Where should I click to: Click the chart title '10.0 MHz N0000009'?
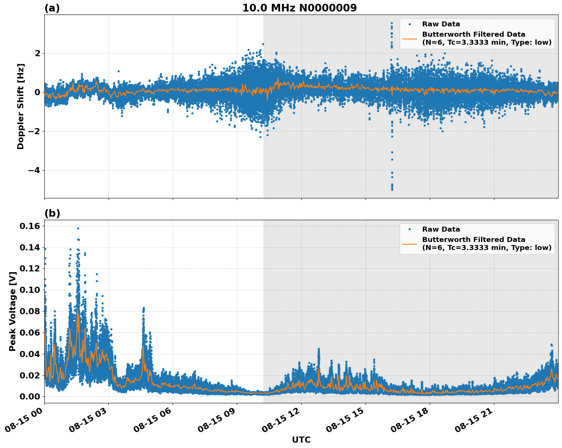(299, 8)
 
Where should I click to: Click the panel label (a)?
(52, 8)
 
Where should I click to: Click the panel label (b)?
(52, 213)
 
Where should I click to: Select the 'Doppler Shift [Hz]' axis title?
(21, 106)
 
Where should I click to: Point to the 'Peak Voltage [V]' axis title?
(13, 311)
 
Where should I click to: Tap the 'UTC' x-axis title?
(301, 440)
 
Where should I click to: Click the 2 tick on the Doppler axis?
(37, 53)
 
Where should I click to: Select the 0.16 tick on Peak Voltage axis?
(29, 226)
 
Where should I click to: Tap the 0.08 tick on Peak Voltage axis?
(29, 311)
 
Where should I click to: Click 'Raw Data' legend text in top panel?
(441, 24)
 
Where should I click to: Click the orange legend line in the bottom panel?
(410, 244)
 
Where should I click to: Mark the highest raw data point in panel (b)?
(78, 228)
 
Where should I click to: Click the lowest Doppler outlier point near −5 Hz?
(392, 189)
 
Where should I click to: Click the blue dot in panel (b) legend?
(410, 229)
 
